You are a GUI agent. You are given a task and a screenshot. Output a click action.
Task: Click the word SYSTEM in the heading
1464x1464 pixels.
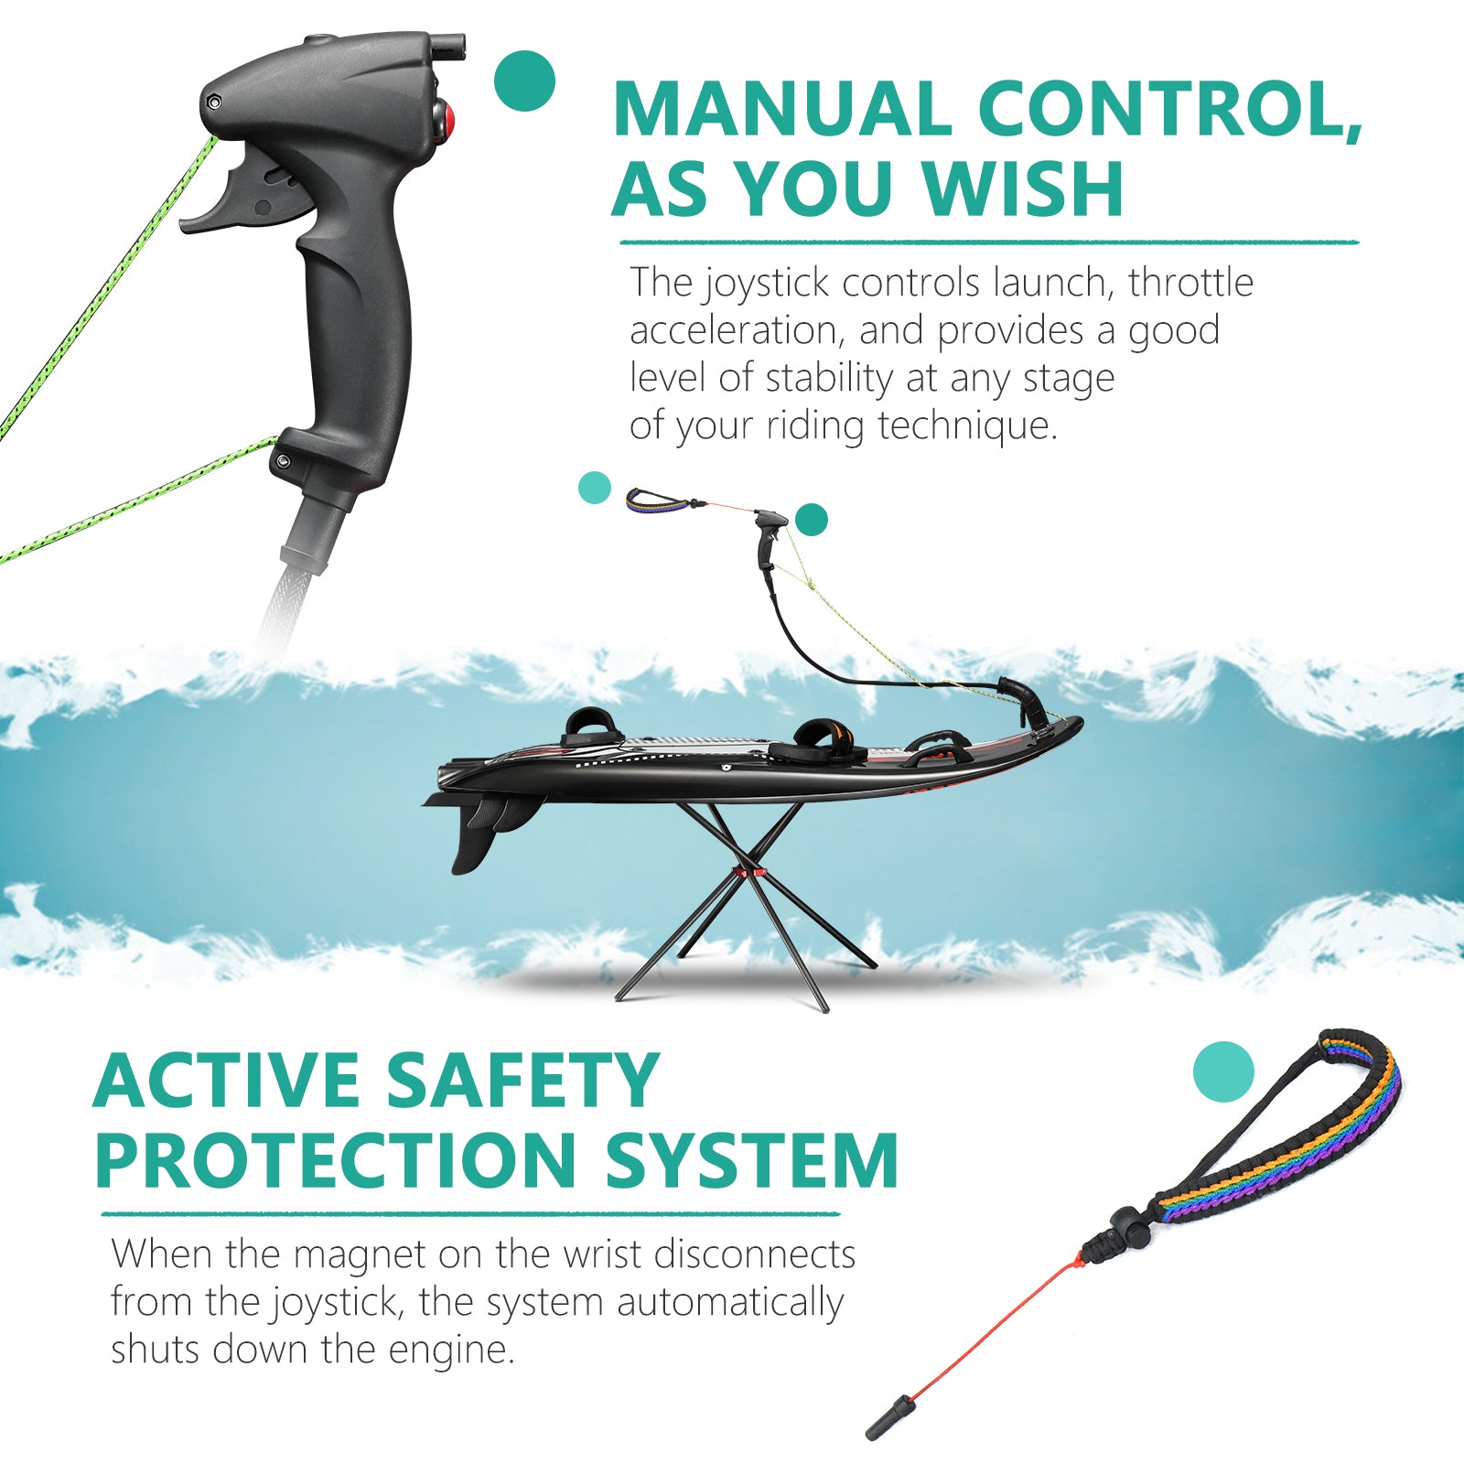[751, 1160]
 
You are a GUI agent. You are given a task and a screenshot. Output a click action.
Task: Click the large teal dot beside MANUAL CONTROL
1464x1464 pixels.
[524, 81]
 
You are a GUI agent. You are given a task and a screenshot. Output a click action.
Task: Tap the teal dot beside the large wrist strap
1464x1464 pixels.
[1223, 1071]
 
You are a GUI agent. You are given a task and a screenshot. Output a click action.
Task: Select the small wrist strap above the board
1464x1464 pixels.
[656, 500]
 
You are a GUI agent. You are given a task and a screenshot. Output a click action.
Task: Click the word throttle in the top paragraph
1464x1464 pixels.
[1190, 283]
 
